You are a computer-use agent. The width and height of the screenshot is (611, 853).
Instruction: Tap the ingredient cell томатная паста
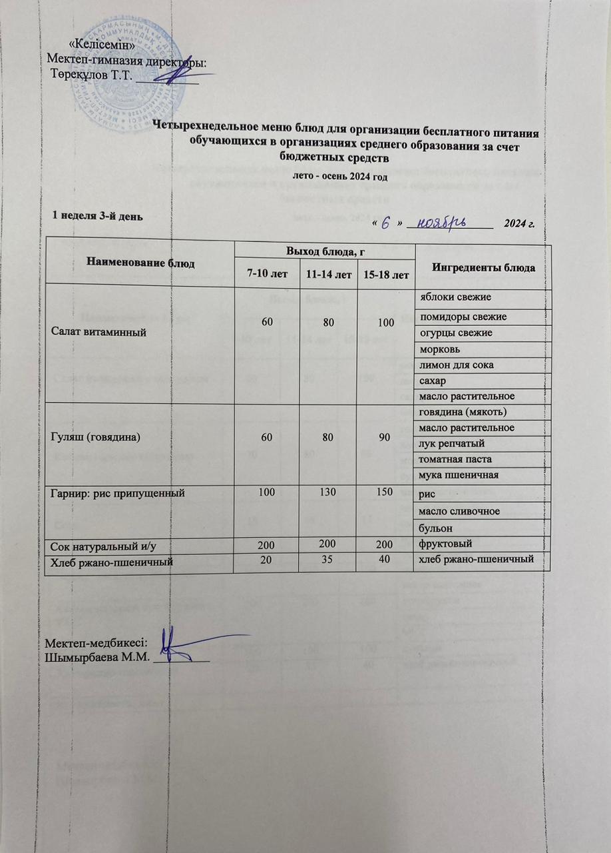[449, 459]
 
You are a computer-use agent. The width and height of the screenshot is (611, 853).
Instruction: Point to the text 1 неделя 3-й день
[97, 215]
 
